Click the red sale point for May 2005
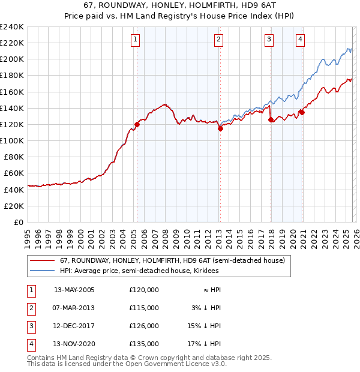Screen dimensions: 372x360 click(137, 124)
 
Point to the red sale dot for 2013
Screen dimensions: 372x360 click(220, 128)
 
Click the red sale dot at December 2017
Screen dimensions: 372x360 click(271, 119)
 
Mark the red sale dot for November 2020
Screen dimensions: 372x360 click(302, 112)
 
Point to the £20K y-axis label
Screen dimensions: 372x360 click(14, 206)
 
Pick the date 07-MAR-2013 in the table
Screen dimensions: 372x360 click(74, 308)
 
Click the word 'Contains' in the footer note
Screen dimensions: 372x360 click(41, 358)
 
